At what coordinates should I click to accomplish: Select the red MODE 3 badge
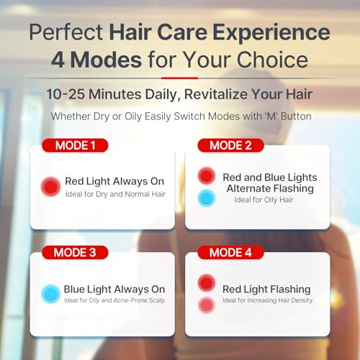pyautogui.click(x=76, y=252)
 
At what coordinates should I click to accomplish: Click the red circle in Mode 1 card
pyautogui.click(x=50, y=187)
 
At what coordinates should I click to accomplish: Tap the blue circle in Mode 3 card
pyautogui.click(x=50, y=294)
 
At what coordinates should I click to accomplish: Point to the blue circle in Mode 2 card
pyautogui.click(x=207, y=197)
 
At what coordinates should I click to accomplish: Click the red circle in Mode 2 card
pyautogui.click(x=207, y=176)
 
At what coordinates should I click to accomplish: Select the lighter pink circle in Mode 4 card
pyautogui.click(x=207, y=305)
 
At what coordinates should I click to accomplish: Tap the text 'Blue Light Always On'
pyautogui.click(x=114, y=289)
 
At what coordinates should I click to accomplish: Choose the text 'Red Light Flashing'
pyautogui.click(x=266, y=289)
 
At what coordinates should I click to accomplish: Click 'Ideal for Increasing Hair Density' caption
pyautogui.click(x=267, y=300)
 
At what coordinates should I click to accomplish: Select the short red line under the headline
pyautogui.click(x=179, y=78)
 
